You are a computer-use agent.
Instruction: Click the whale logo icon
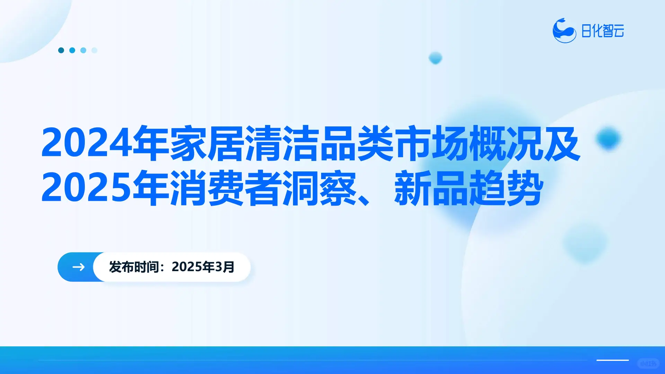pyautogui.click(x=564, y=31)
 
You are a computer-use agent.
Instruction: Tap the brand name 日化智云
pyautogui.click(x=602, y=31)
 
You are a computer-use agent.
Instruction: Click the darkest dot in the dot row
pyautogui.click(x=61, y=50)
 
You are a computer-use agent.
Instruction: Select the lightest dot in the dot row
pyautogui.click(x=94, y=50)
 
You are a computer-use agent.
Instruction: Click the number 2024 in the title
pyautogui.click(x=87, y=143)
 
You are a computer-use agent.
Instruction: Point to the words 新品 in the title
pyautogui.click(x=431, y=188)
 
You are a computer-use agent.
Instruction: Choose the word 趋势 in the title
pyautogui.click(x=506, y=188)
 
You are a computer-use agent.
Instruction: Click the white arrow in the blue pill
pyautogui.click(x=78, y=267)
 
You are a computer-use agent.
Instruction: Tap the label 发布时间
pyautogui.click(x=134, y=267)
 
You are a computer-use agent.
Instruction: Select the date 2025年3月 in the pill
pyautogui.click(x=203, y=267)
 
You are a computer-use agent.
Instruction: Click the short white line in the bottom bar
pyautogui.click(x=612, y=360)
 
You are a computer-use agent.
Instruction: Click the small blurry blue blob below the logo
pyautogui.click(x=435, y=57)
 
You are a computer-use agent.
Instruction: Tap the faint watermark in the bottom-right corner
pyautogui.click(x=648, y=363)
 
